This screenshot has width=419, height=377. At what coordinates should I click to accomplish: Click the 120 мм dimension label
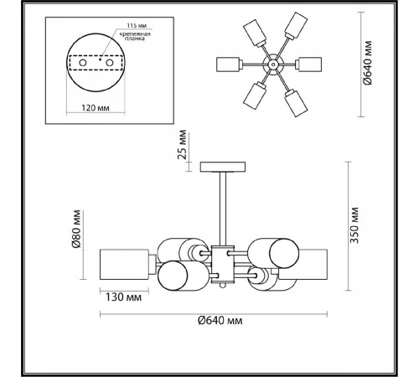coord(96,107)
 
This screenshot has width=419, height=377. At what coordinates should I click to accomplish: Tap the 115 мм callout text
coord(137,25)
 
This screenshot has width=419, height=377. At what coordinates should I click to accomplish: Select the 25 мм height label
coord(182,144)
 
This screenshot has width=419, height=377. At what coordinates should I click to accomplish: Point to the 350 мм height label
coord(354,225)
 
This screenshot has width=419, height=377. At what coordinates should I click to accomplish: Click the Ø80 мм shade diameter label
coord(76,229)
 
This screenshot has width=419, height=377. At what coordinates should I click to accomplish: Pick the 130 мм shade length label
coord(123,297)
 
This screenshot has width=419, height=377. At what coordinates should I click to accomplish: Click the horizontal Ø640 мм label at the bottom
coord(220,320)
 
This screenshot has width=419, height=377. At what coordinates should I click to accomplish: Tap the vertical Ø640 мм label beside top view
coord(368,63)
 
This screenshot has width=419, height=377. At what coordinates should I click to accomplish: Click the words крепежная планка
coord(135,36)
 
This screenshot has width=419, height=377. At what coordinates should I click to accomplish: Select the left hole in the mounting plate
coord(82,63)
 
